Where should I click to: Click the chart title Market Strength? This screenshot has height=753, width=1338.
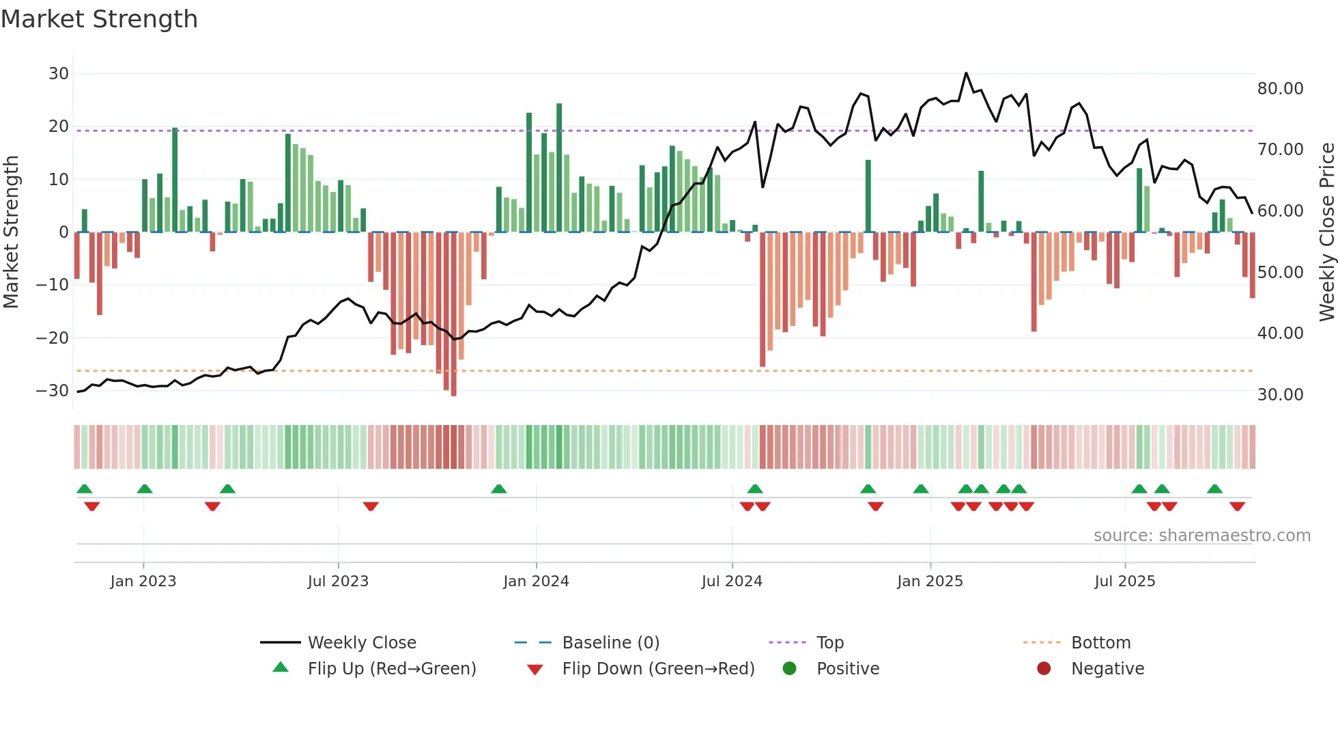99,19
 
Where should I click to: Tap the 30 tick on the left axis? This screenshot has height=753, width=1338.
59,74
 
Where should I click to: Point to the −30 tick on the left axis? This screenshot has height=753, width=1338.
53,391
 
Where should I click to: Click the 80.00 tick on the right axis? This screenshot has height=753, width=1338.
1280,89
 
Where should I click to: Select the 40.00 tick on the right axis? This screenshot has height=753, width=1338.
1280,333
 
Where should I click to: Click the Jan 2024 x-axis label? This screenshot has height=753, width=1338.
536,581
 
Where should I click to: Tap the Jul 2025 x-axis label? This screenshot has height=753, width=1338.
1124,581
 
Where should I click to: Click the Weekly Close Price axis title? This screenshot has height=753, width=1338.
1326,232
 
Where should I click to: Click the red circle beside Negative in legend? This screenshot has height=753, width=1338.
1044,668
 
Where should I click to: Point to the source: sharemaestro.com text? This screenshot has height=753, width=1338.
1201,536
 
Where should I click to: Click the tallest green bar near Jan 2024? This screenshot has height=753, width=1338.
559,167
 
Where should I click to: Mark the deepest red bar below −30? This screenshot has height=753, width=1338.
454,314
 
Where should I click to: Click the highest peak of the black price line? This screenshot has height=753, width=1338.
966,73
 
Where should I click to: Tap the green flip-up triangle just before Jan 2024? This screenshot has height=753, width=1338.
499,489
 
